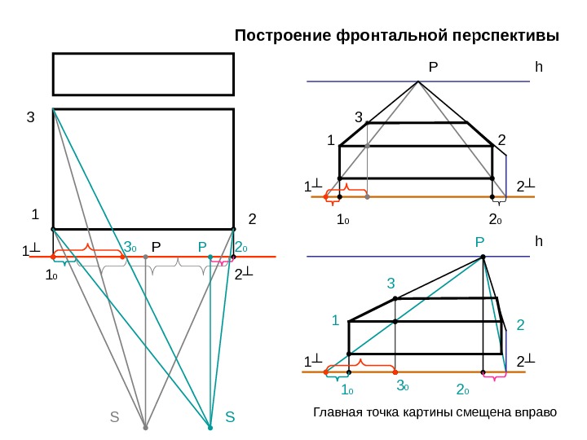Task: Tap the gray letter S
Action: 114,417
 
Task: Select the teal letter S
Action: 229,417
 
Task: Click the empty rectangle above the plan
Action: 143,74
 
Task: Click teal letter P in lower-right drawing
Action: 479,242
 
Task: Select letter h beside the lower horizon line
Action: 538,242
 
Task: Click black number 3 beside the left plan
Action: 31,117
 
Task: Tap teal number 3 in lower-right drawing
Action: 391,284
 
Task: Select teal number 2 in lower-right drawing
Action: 521,325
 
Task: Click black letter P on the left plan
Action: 156,245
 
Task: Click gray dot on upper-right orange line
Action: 368,196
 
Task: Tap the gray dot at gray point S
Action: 145,427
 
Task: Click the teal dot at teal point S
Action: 210,427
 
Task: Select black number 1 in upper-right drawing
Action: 331,141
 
